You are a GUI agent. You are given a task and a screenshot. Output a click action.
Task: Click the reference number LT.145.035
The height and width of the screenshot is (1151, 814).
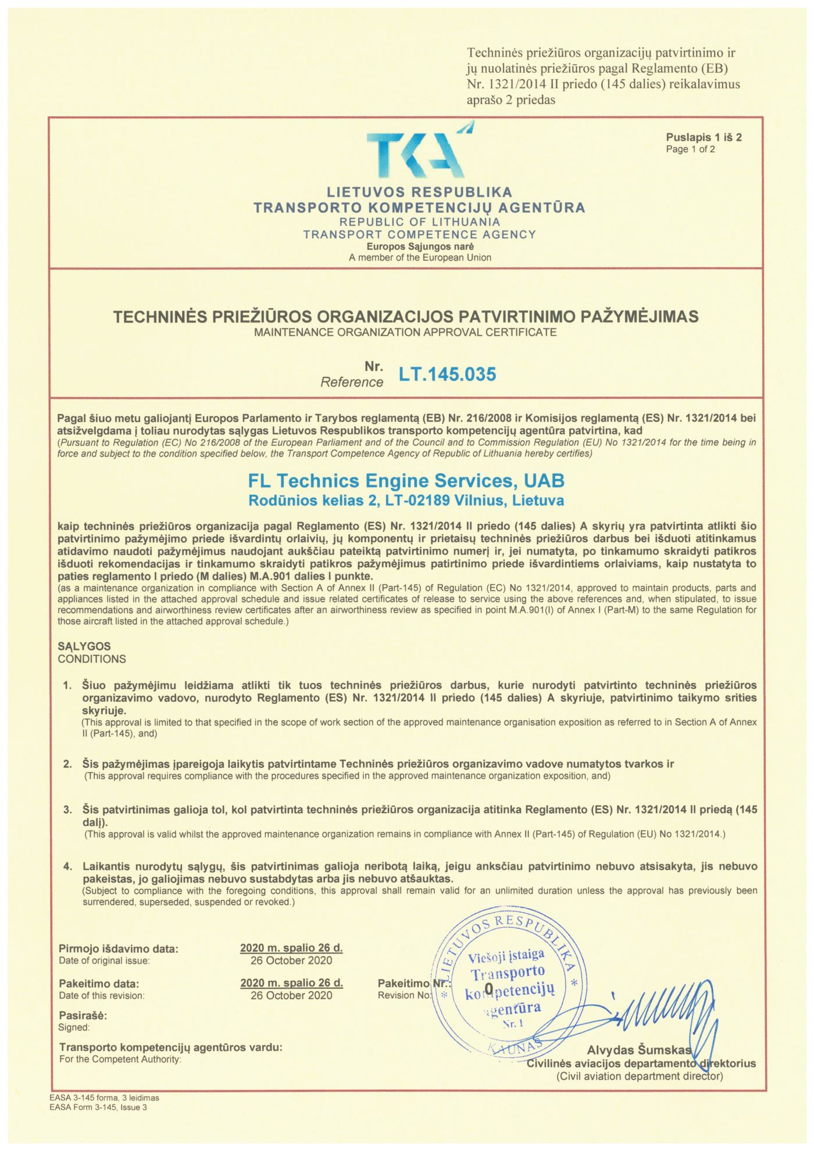(447, 374)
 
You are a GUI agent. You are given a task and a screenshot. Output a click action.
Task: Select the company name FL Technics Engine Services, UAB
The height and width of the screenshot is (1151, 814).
(406, 481)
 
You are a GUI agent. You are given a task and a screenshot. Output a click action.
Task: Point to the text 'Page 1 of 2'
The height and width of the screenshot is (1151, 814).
(690, 149)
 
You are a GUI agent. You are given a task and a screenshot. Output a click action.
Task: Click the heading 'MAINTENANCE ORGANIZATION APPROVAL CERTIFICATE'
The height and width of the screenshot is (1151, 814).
(405, 333)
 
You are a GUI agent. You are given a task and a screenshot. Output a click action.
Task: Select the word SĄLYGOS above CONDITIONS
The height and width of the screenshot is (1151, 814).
(84, 646)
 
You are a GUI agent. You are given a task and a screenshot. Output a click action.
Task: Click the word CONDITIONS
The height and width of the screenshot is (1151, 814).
(92, 659)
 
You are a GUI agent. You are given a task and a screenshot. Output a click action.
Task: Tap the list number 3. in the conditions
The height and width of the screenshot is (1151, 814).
(68, 809)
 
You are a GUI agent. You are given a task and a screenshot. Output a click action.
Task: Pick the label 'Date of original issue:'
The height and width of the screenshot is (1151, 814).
(104, 961)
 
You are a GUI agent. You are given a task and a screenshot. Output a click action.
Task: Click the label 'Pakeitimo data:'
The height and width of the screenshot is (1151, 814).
(99, 984)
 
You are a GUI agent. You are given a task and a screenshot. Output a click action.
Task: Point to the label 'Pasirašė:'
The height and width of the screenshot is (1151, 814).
(83, 1016)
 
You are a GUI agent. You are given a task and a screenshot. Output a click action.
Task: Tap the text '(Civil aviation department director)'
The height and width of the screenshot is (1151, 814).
(640, 1076)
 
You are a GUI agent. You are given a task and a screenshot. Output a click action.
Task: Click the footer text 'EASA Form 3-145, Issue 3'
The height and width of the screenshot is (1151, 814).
(98, 1107)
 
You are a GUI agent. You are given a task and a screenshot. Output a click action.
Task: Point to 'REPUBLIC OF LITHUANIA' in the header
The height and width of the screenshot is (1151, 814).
(420, 222)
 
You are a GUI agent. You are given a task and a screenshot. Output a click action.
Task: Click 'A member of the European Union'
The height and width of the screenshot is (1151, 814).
(420, 258)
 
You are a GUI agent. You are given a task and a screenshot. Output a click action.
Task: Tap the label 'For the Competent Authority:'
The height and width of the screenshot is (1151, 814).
(120, 1059)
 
